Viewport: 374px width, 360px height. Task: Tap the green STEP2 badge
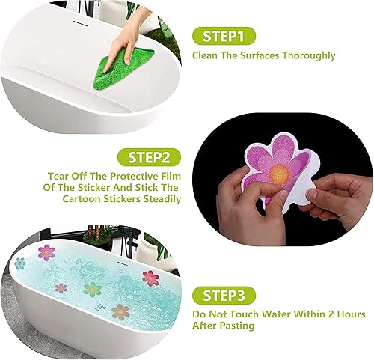click(x=149, y=159)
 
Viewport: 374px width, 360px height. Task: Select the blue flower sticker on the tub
click(x=20, y=263)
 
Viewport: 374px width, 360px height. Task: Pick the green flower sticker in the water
click(x=92, y=288)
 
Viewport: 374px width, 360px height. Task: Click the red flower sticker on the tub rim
click(x=150, y=278)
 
